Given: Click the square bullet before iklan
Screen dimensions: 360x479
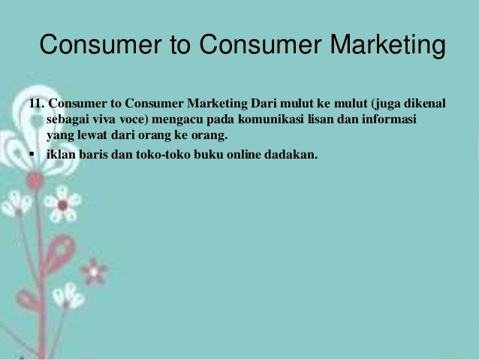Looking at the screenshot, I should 32,156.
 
